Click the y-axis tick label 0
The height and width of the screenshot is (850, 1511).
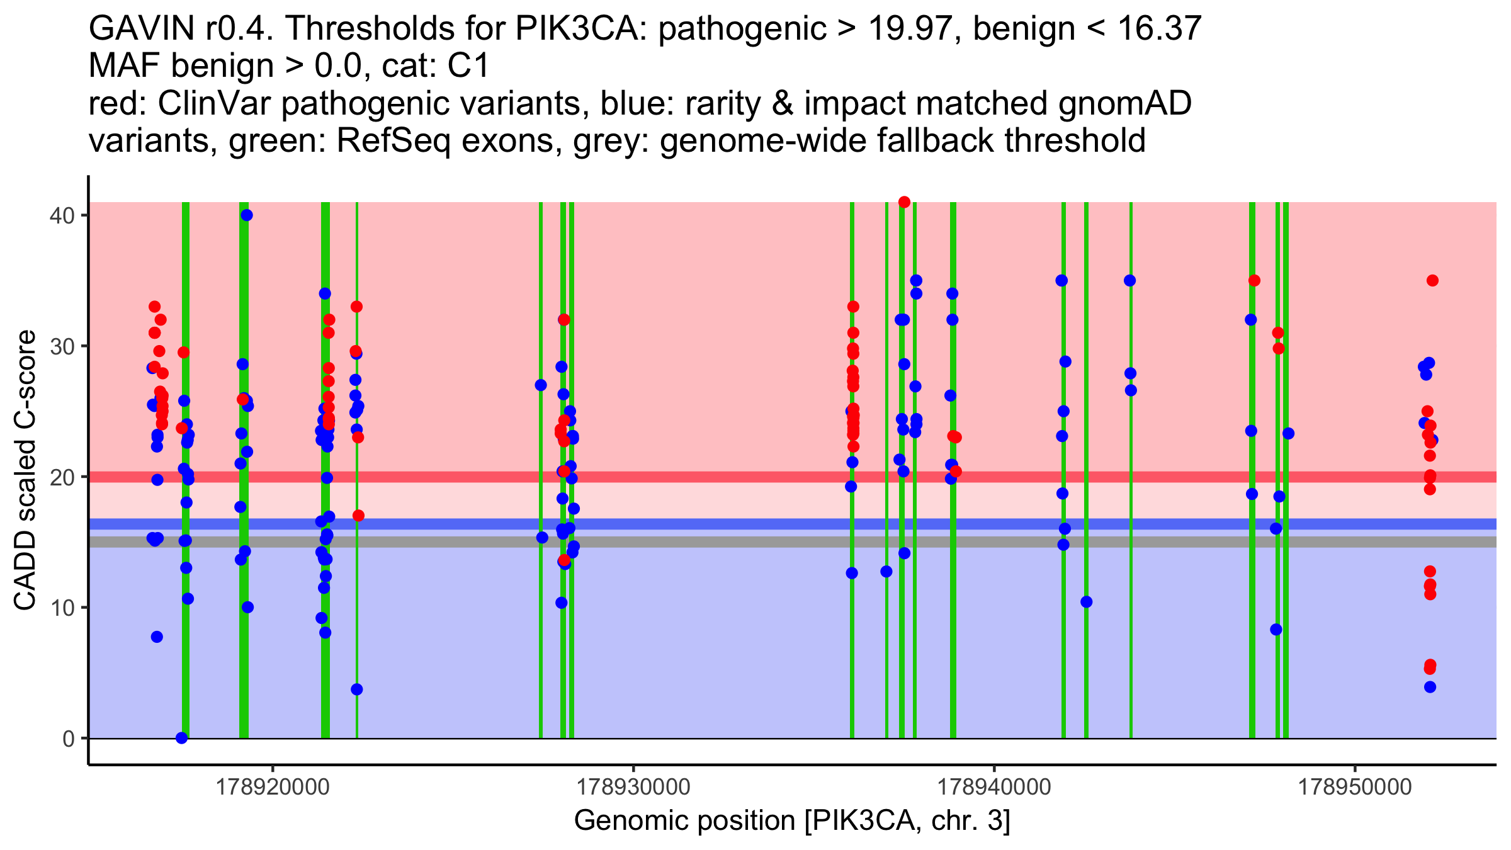[68, 739]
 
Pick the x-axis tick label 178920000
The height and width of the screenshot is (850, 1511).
[273, 787]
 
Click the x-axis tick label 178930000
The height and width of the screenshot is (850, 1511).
[633, 787]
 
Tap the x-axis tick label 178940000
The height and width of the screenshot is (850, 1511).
[994, 787]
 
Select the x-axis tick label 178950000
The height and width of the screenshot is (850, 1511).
[1355, 787]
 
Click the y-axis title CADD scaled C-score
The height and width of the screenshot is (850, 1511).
[25, 470]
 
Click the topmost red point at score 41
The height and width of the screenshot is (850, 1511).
[904, 202]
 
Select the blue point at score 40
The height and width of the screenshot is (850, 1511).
[247, 215]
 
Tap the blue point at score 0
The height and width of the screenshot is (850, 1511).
[182, 738]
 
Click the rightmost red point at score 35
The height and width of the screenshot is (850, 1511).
[1432, 281]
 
